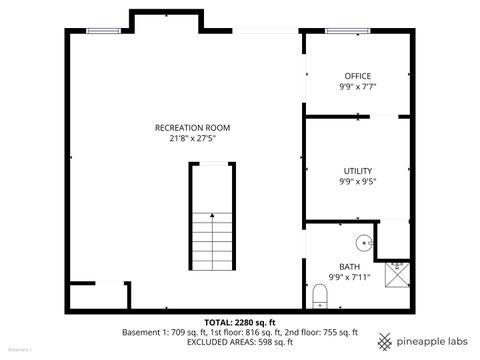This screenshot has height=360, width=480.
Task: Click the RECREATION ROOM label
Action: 193,128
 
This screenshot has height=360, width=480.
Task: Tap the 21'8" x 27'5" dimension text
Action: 193,139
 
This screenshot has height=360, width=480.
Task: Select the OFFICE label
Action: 357,76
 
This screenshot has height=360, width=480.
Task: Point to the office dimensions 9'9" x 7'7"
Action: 357,87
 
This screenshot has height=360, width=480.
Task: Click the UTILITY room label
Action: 357,171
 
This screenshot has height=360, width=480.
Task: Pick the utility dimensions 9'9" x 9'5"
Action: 357,182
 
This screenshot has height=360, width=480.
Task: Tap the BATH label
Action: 350,266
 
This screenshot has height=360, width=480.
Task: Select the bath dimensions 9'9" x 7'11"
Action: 350,277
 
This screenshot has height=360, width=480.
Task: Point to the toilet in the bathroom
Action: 321,295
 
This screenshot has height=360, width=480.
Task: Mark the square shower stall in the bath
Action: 396,265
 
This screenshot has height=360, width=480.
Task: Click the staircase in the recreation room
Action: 212,221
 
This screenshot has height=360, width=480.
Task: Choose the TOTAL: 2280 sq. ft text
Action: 240,322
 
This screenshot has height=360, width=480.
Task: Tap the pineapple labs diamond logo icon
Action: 385,340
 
